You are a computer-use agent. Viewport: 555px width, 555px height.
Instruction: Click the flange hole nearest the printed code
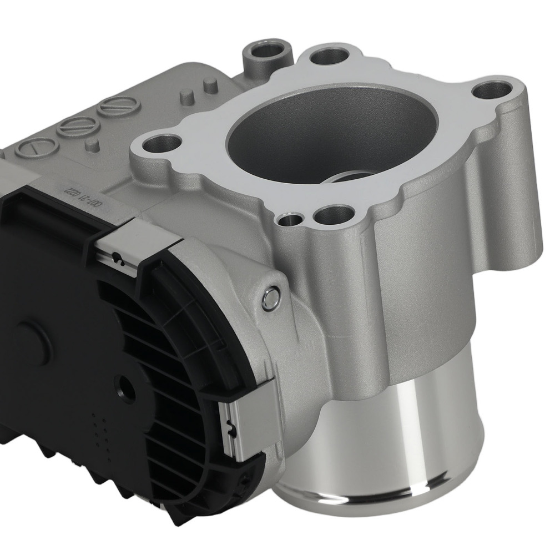159,145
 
